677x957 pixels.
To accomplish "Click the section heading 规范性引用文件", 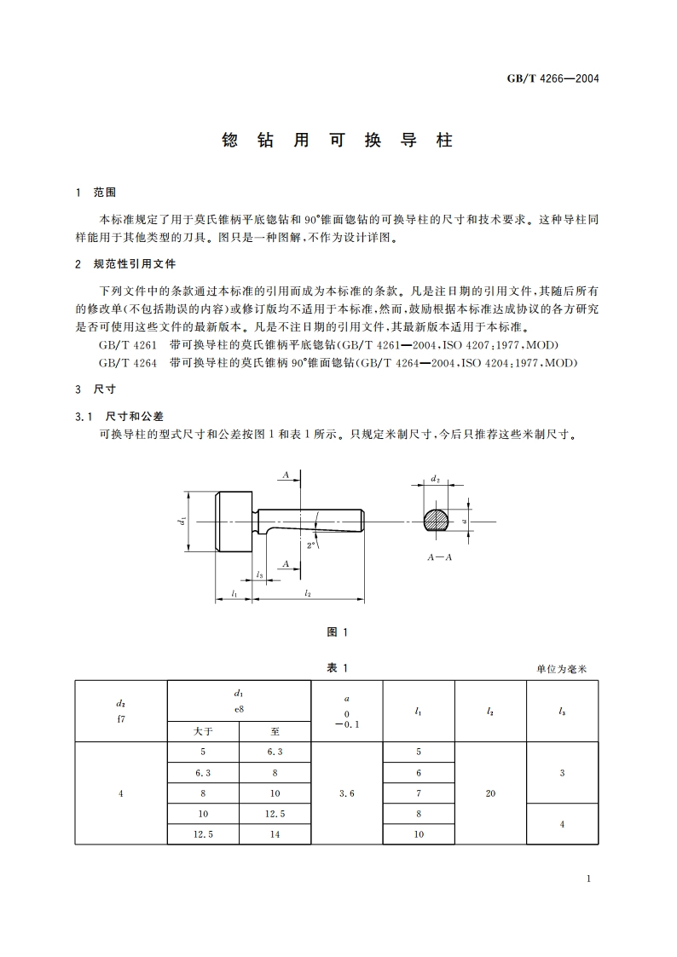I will click(x=134, y=264).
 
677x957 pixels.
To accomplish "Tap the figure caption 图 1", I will click(x=338, y=631).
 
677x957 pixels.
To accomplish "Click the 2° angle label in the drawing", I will click(x=312, y=543).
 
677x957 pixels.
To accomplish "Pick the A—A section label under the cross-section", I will click(x=441, y=555).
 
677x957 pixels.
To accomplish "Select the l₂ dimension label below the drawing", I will click(x=308, y=593).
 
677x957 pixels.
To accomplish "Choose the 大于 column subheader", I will click(x=203, y=731).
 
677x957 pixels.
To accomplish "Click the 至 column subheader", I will click(x=275, y=731).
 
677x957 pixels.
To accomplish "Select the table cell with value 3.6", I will click(x=346, y=793).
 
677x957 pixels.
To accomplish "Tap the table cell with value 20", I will click(x=490, y=793).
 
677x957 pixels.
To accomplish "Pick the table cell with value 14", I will click(x=275, y=834).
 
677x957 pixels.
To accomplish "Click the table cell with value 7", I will click(x=419, y=793).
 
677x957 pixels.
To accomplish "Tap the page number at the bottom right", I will click(x=589, y=879).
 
